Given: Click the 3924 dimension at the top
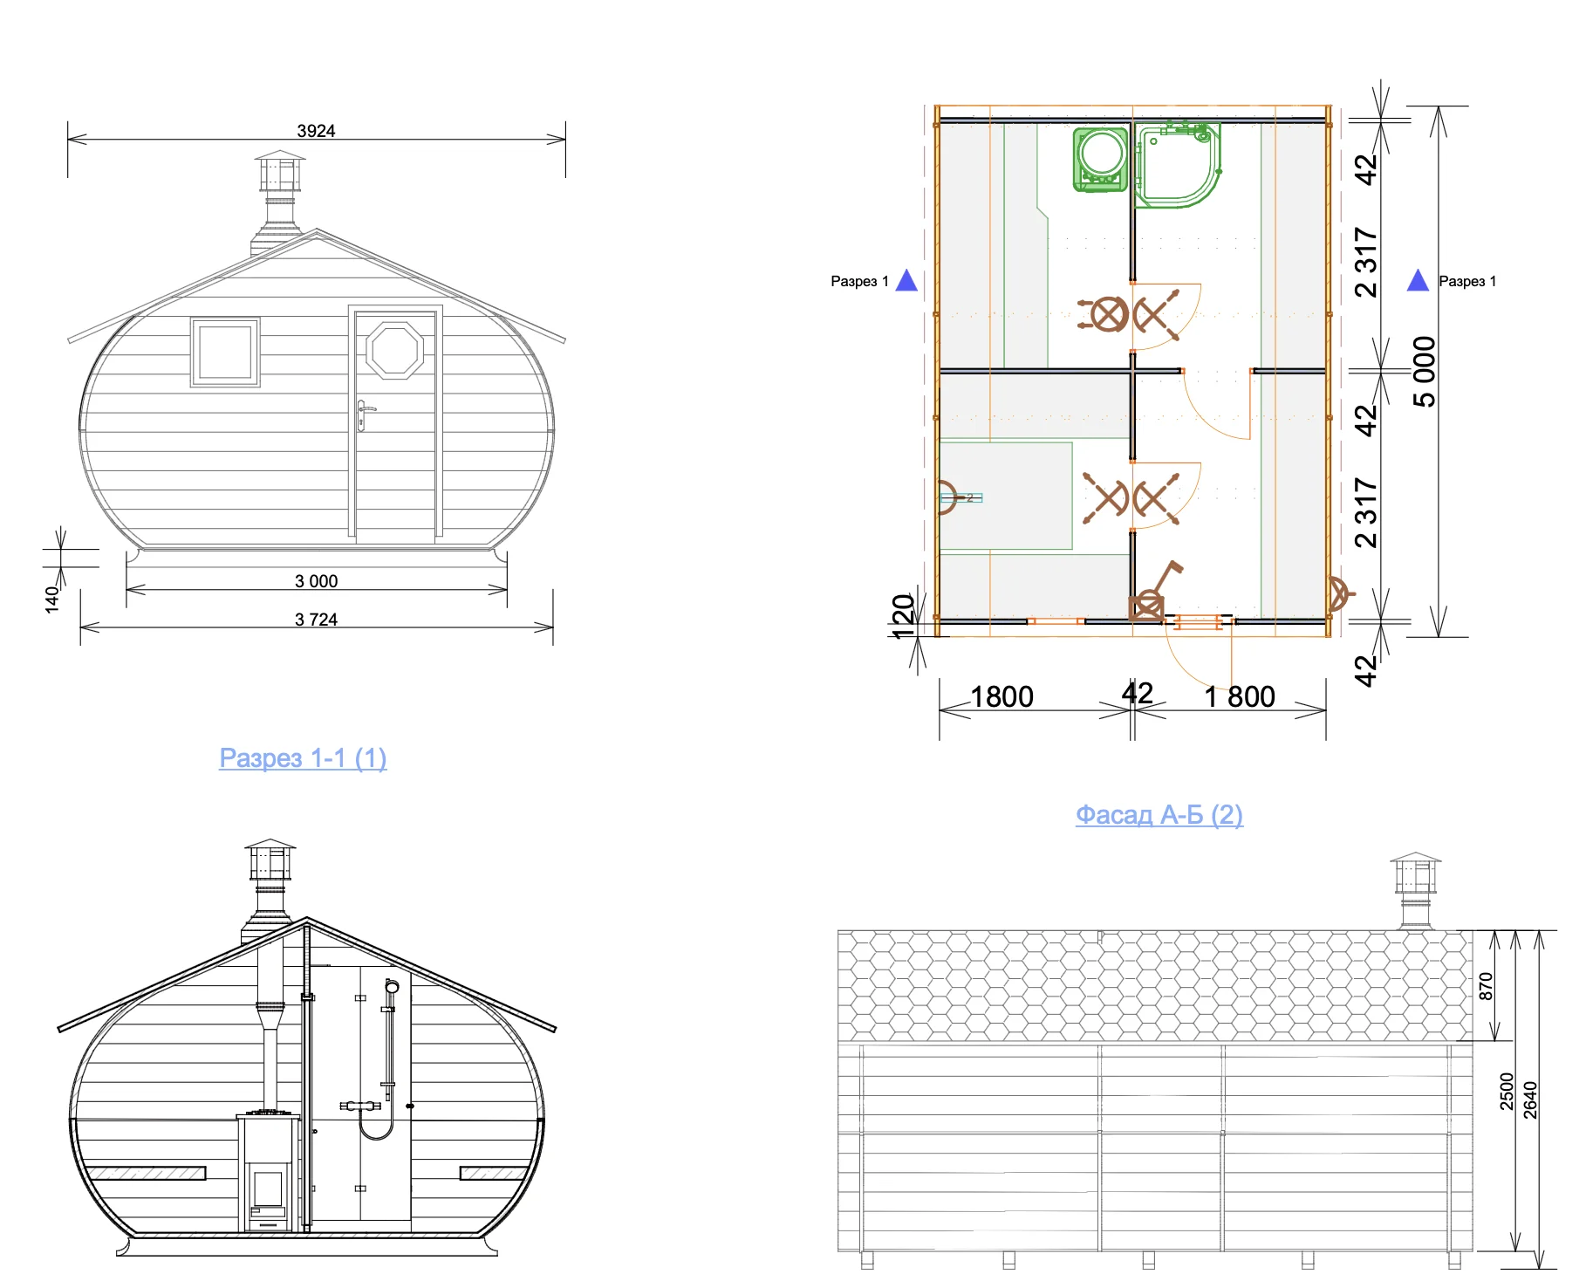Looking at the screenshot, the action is (x=316, y=131).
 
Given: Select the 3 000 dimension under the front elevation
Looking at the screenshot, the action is (x=316, y=581).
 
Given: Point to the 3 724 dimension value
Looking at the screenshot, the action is (x=316, y=620).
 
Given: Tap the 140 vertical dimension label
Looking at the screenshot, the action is (x=51, y=599).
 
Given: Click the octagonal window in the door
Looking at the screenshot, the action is (x=395, y=350).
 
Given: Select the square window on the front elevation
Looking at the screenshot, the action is (x=225, y=352).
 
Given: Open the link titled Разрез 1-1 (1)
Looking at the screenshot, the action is (x=303, y=758).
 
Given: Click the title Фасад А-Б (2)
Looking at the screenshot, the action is (x=1159, y=815).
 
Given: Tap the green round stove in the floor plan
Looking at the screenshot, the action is (x=1101, y=159).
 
